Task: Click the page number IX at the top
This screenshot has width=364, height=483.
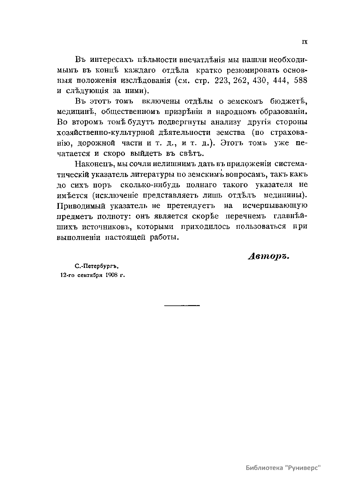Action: click(x=305, y=42)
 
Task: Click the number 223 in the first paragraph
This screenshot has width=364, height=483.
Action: click(x=223, y=81)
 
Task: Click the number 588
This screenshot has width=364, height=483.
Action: click(x=301, y=81)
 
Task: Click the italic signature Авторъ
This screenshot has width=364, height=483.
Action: click(x=269, y=256)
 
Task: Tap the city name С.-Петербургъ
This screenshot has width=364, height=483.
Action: click(x=96, y=267)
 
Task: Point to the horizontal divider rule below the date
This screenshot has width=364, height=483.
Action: click(x=182, y=305)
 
